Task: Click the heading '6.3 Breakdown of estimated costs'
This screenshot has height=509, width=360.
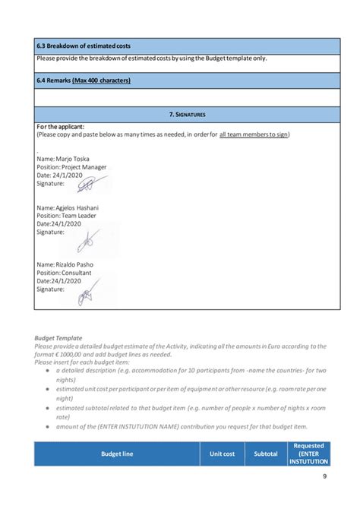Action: pos(84,47)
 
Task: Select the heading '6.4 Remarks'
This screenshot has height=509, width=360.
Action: pos(84,80)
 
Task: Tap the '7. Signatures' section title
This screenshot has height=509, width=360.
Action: pos(187,114)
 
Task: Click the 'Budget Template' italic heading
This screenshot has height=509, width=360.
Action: pos(58,337)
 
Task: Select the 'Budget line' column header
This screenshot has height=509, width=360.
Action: pos(117,454)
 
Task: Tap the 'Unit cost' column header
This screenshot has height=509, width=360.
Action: pos(222,454)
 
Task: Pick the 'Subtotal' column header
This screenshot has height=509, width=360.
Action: pos(266,454)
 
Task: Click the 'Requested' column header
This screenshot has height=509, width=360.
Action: pos(309,446)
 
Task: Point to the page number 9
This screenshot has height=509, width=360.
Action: pos(324,476)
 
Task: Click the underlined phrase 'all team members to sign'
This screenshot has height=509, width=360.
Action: pos(254,134)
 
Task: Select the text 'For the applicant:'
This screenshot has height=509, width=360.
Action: pos(61,126)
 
